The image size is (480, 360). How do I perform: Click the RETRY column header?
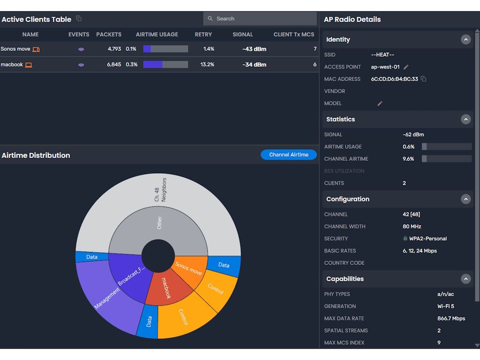point(204,35)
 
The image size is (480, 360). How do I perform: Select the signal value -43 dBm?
point(254,49)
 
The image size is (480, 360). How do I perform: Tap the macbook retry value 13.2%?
point(207,64)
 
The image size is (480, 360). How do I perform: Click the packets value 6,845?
point(114,64)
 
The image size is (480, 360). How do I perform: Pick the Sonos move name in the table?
point(15,49)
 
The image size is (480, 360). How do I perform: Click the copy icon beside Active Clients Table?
point(79,19)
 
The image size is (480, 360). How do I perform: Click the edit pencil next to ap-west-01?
point(406,67)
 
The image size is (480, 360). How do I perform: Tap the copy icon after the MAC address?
point(423,79)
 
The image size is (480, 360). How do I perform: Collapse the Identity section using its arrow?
point(466,39)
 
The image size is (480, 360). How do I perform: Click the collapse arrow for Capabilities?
point(466,279)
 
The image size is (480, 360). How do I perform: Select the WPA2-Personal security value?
point(428,239)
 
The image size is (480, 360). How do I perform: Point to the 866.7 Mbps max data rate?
point(451,318)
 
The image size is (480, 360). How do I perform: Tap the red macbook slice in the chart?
point(165,288)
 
